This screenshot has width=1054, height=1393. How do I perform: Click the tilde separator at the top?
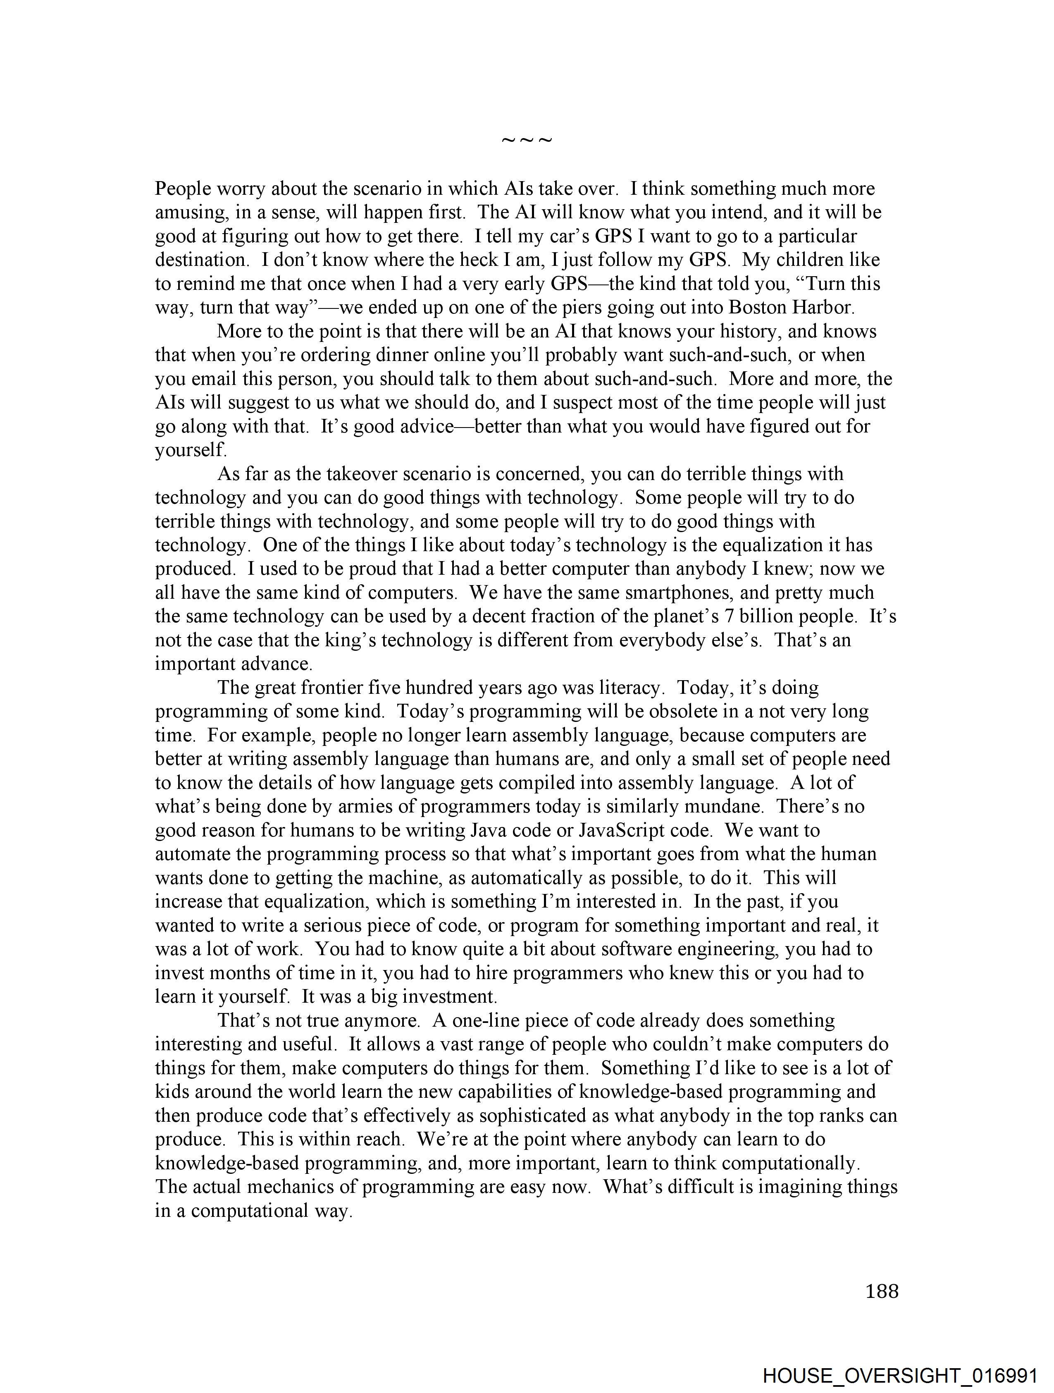pyautogui.click(x=526, y=140)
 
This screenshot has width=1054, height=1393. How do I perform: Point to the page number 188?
pyautogui.click(x=882, y=1291)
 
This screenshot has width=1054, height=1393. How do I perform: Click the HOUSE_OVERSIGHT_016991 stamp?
pyautogui.click(x=900, y=1375)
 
